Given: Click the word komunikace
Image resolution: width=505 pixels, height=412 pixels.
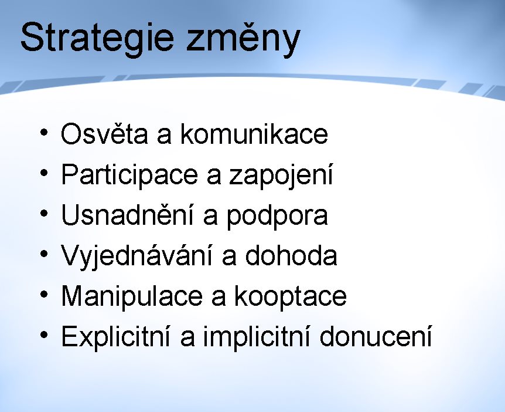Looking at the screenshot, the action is coord(254,133).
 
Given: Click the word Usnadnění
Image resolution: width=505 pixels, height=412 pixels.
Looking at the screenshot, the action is coord(127,215).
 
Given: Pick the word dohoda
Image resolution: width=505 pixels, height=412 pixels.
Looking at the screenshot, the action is coord(291,255).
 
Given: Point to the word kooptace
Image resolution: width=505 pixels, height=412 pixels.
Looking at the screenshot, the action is coord(290,297).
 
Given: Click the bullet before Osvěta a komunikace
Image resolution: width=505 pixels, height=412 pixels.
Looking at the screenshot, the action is coord(44,133).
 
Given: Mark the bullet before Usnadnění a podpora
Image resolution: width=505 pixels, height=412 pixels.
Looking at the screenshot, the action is coord(44,214).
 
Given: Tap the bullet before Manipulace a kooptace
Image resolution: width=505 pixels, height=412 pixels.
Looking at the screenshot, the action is coord(44,295).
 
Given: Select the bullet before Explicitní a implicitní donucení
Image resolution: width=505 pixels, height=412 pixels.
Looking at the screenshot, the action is coord(44,335).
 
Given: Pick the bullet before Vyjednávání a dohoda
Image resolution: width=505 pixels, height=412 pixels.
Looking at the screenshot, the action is coord(44,254).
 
